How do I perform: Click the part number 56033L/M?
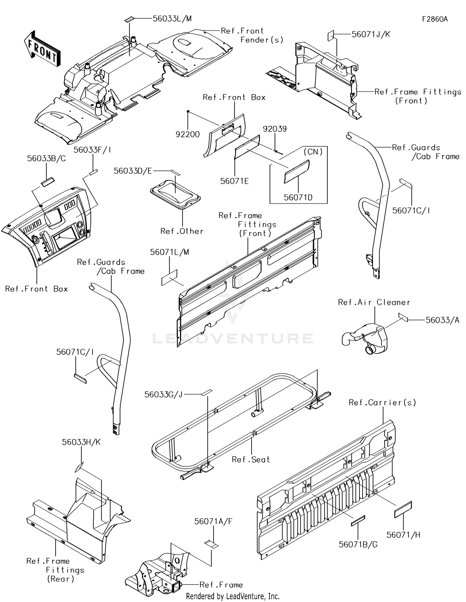click(x=172, y=19)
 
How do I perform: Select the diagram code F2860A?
click(x=435, y=19)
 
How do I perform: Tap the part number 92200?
click(x=188, y=135)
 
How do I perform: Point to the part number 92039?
click(x=275, y=129)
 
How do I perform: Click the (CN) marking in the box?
click(x=313, y=152)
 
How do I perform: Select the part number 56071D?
click(x=298, y=198)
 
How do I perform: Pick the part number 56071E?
click(x=235, y=181)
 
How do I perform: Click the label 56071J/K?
click(x=371, y=34)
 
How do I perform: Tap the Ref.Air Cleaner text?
click(x=374, y=302)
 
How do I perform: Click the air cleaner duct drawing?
click(x=365, y=338)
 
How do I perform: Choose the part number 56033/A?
click(x=442, y=320)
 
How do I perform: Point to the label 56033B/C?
click(x=46, y=158)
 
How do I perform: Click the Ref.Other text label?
click(x=182, y=231)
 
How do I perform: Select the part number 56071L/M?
click(x=169, y=252)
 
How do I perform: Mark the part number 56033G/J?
click(x=163, y=394)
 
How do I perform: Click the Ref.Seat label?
click(x=251, y=459)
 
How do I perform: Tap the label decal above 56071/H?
click(x=403, y=510)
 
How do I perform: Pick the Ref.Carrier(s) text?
click(x=382, y=403)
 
